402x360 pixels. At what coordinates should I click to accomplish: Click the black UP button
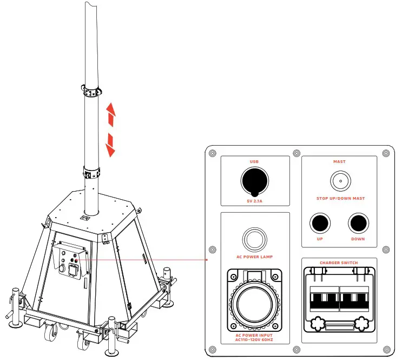pyautogui.click(x=320, y=223)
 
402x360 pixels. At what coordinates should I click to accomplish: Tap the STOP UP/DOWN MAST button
pyautogui.click(x=340, y=181)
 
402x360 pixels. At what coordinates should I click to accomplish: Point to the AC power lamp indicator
pyautogui.click(x=255, y=239)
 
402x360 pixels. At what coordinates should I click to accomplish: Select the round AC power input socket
pyautogui.click(x=255, y=304)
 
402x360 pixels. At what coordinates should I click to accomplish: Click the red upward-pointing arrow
pyautogui.click(x=111, y=115)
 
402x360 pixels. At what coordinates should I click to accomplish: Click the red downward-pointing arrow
pyautogui.click(x=110, y=145)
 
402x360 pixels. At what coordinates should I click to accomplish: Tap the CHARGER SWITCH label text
pyautogui.click(x=339, y=263)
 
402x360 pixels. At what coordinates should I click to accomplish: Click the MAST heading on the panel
pyautogui.click(x=339, y=162)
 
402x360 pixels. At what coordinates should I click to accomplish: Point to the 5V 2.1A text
pyautogui.click(x=255, y=201)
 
